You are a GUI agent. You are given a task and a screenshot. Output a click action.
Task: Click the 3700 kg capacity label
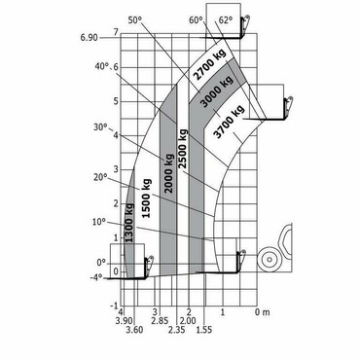point(230,122)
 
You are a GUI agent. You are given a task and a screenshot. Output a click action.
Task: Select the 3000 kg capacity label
point(217,91)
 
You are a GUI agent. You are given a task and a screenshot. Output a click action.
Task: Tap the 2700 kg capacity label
point(210,65)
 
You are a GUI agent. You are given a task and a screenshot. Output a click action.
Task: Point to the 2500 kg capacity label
point(183,149)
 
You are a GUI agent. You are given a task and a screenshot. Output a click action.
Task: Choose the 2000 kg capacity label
point(169,173)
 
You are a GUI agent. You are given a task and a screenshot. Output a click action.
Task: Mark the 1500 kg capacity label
point(146,198)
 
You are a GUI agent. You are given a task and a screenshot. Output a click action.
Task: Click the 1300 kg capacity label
point(129,223)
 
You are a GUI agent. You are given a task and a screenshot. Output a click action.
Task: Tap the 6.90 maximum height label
point(89,38)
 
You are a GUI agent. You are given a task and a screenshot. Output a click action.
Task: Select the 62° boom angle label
point(226,20)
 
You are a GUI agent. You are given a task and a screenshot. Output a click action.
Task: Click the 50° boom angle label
point(135,20)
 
